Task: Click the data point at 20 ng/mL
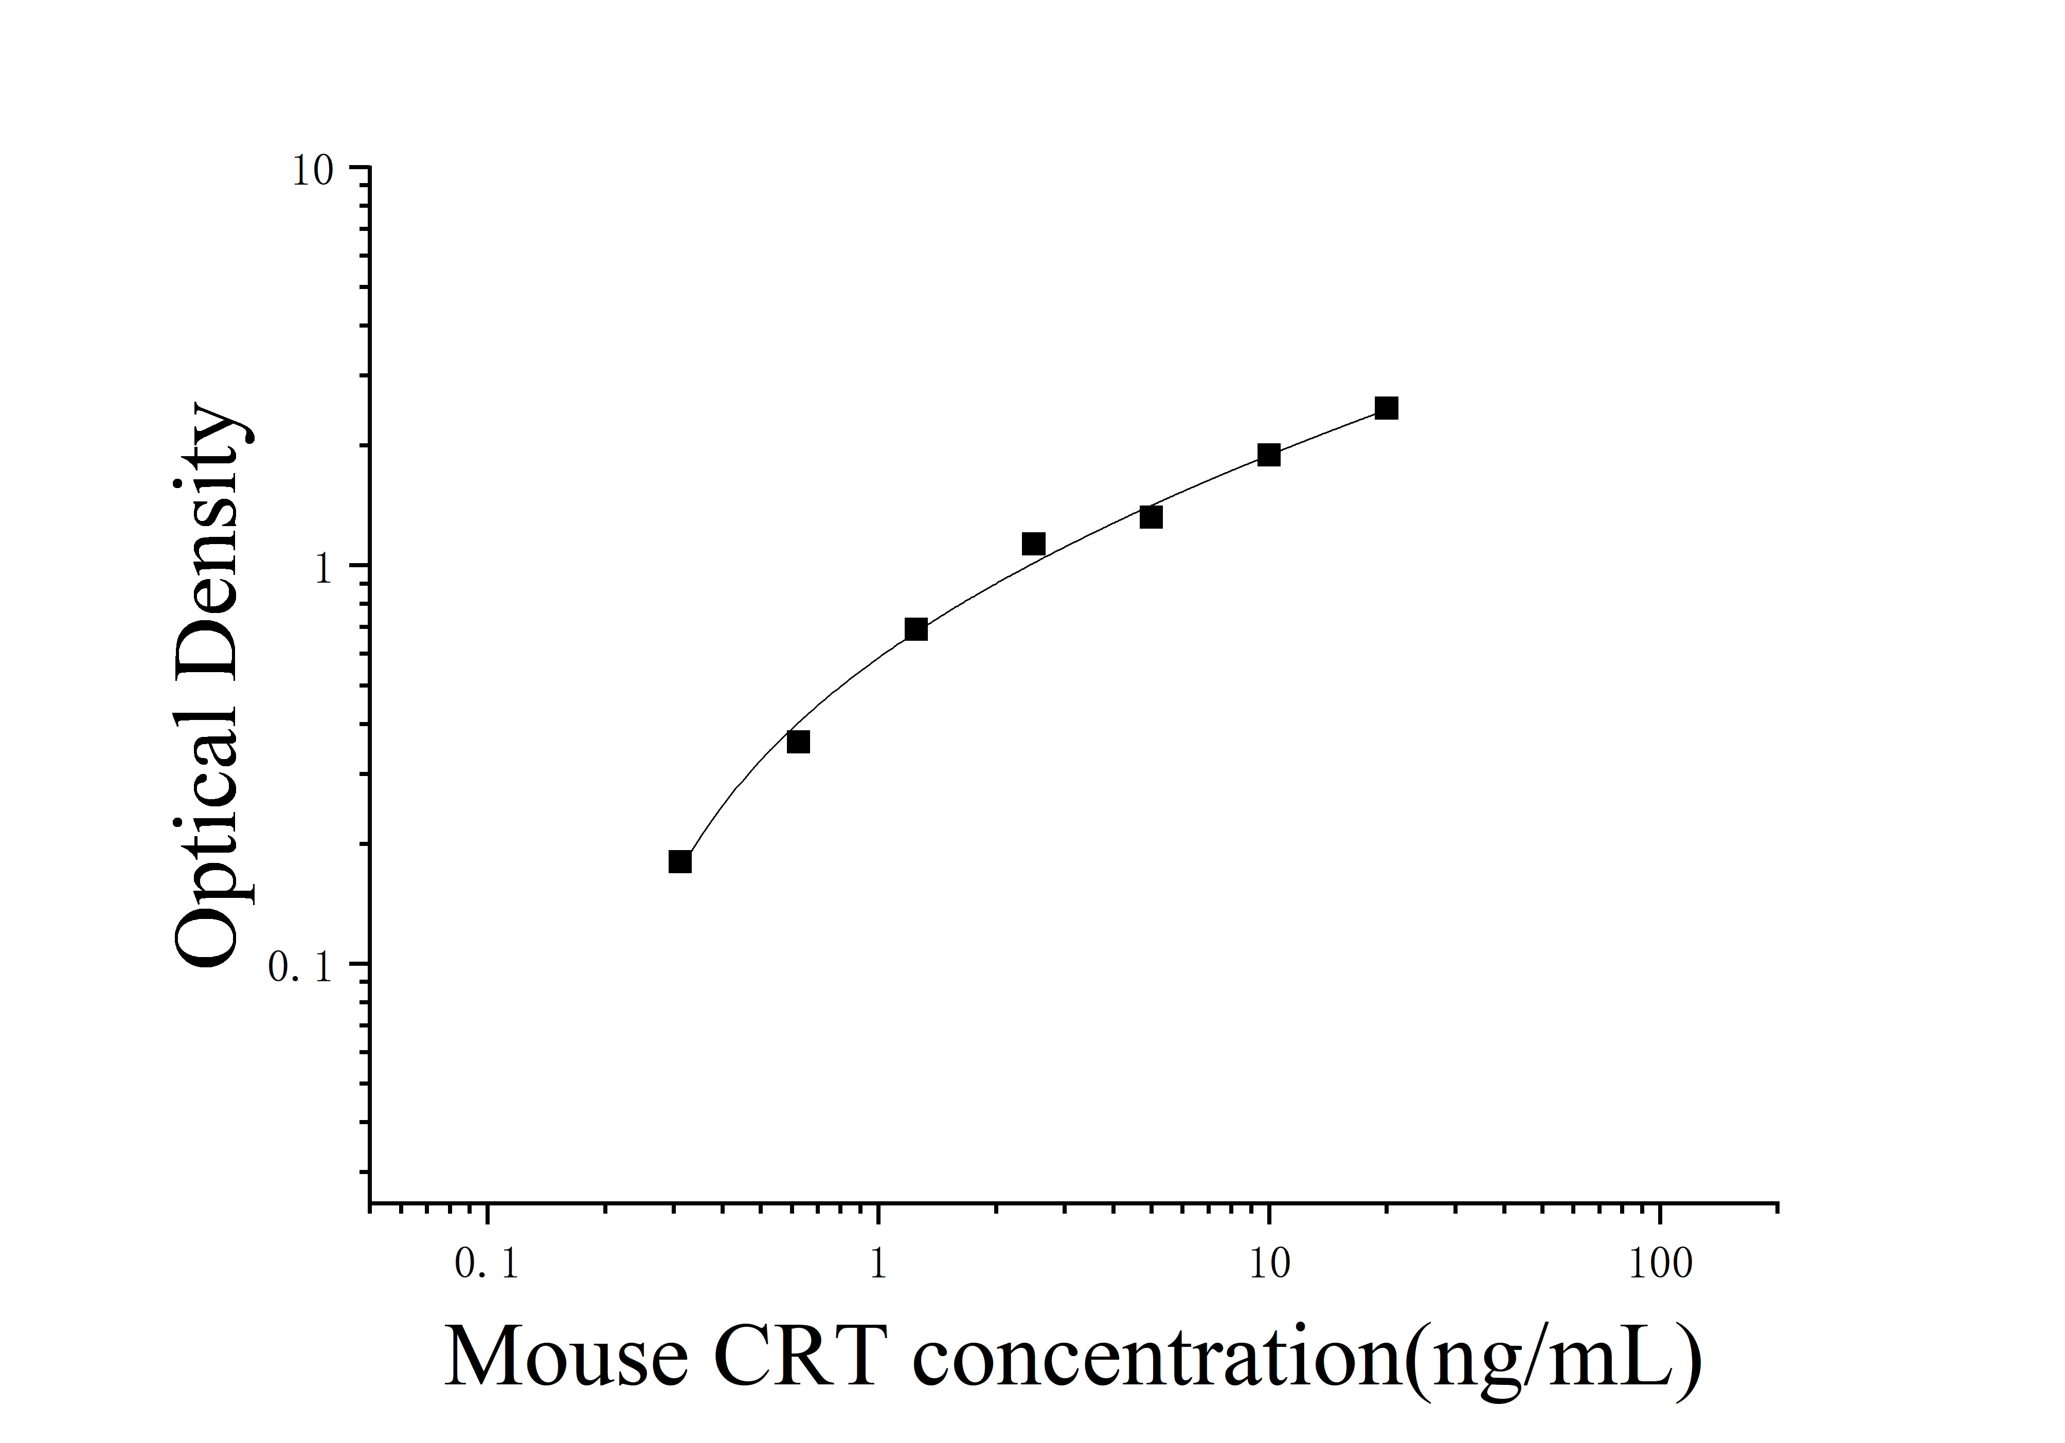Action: click(x=1386, y=408)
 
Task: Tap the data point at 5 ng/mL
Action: click(x=1151, y=517)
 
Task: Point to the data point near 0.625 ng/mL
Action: click(x=798, y=742)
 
